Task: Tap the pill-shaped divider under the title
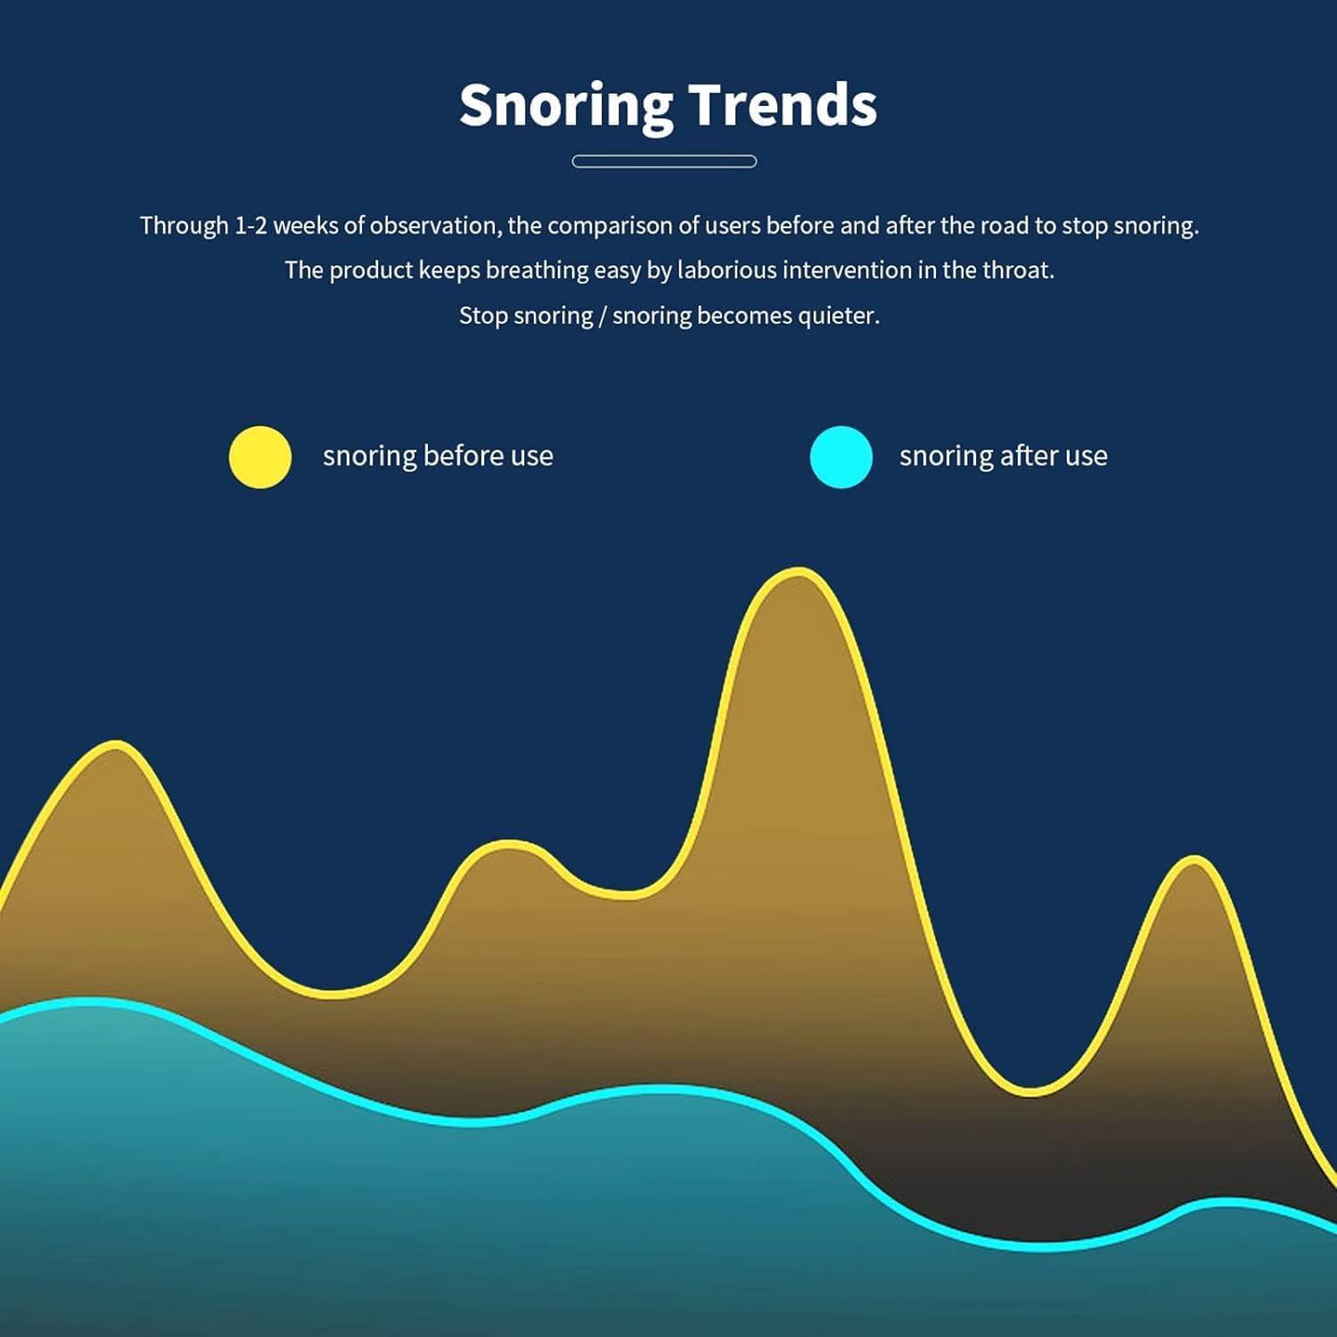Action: click(664, 161)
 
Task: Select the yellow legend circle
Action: click(260, 457)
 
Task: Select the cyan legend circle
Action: click(841, 457)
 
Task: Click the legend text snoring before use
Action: click(438, 456)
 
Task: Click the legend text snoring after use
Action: click(1004, 456)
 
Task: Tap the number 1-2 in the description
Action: click(250, 226)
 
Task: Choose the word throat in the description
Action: click(1023, 270)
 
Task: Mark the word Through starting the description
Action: click(185, 226)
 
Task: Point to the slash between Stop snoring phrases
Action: click(603, 316)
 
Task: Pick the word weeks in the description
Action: click(306, 226)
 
